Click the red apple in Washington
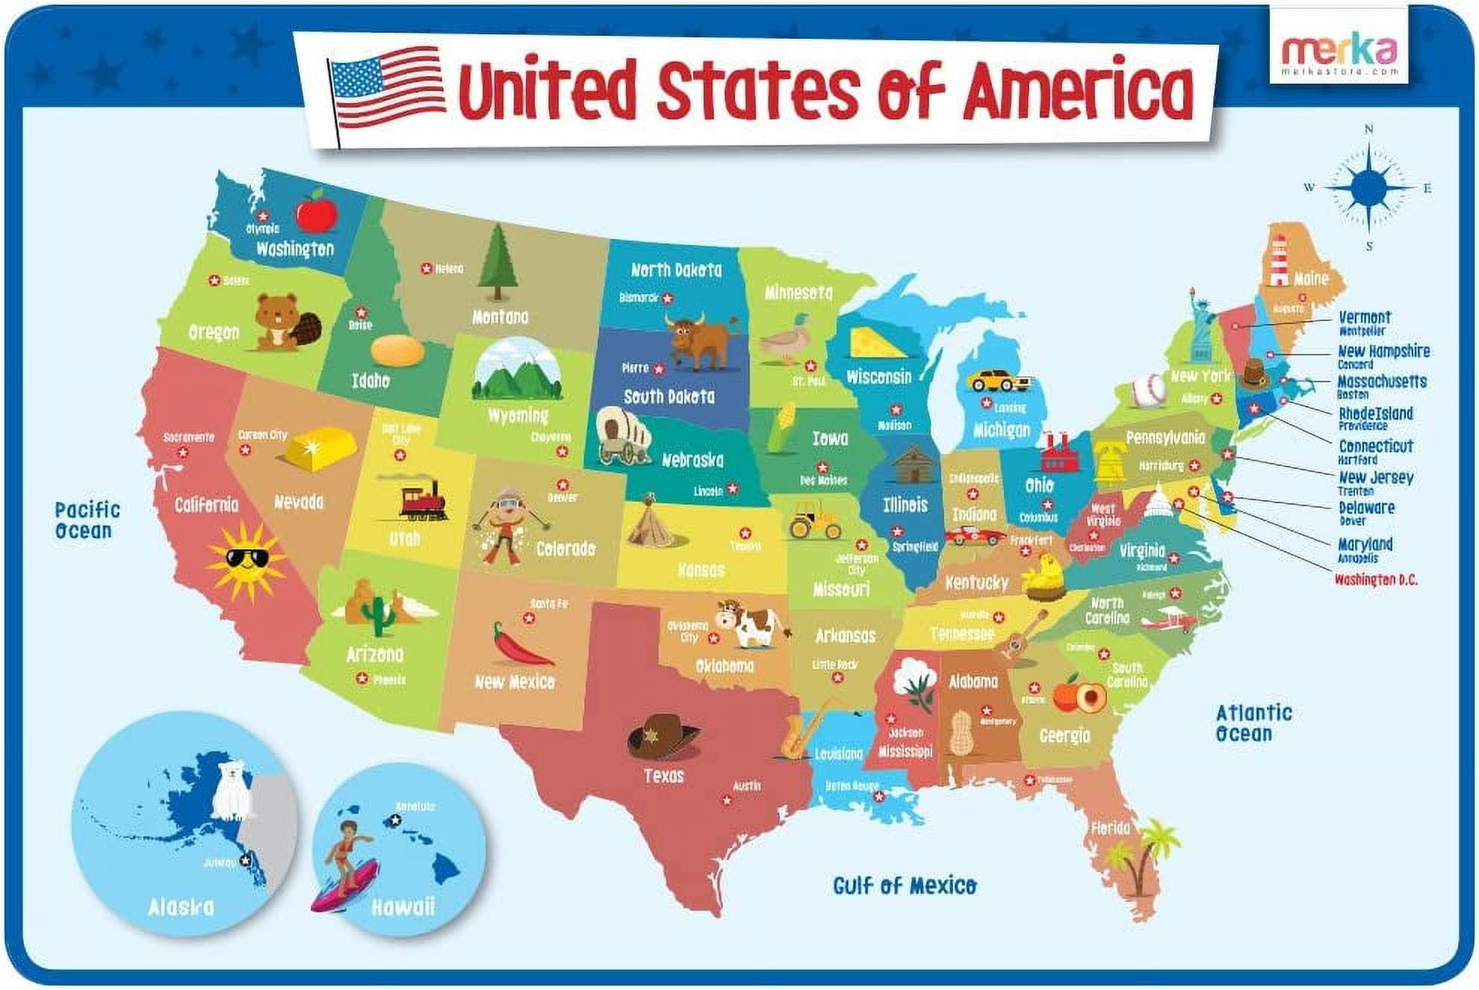pos(316,211)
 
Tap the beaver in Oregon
pos(285,322)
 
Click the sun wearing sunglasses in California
pos(246,561)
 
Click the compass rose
pos(1368,187)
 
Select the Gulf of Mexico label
pos(904,885)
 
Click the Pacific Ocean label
pos(87,520)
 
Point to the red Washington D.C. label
pos(1375,579)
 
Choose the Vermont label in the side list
pos(1364,318)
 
